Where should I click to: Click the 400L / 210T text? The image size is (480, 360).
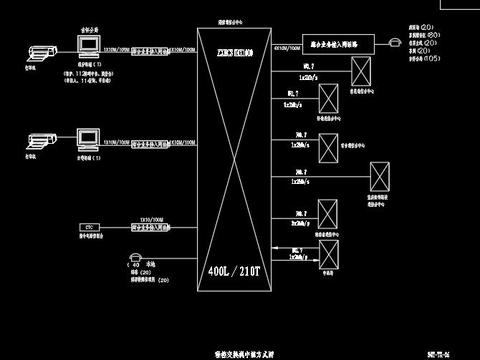coord(233,271)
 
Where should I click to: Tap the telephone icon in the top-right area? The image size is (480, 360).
coord(396,43)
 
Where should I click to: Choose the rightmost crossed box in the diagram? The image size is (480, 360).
coord(380,176)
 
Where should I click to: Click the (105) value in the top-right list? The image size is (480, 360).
coord(433,59)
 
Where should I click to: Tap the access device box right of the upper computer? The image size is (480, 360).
coord(150,46)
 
